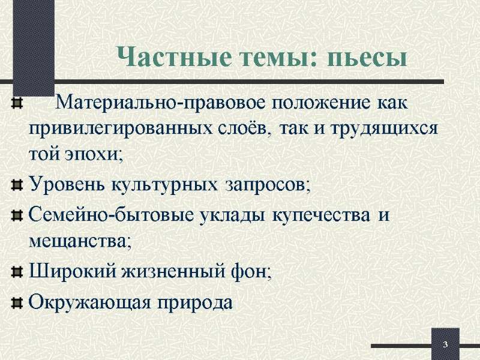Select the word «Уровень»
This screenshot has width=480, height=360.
(67, 183)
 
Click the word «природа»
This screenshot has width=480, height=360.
(201, 301)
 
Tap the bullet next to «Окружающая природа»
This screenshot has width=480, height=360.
(17, 300)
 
